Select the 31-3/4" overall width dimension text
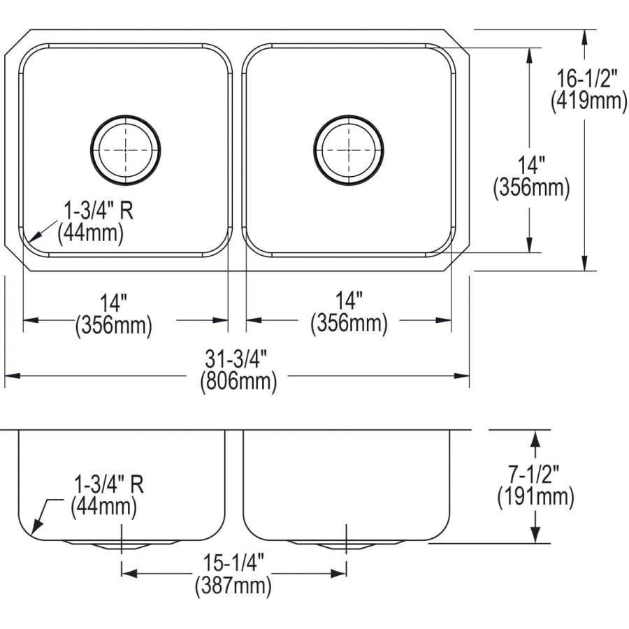238,359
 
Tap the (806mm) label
238,382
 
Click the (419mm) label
588,101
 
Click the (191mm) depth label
536,497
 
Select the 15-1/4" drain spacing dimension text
233,563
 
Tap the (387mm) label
233,586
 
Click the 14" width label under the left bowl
113,303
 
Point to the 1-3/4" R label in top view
98,209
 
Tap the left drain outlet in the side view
122,544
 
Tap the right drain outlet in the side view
346,544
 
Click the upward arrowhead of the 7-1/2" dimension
536,436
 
